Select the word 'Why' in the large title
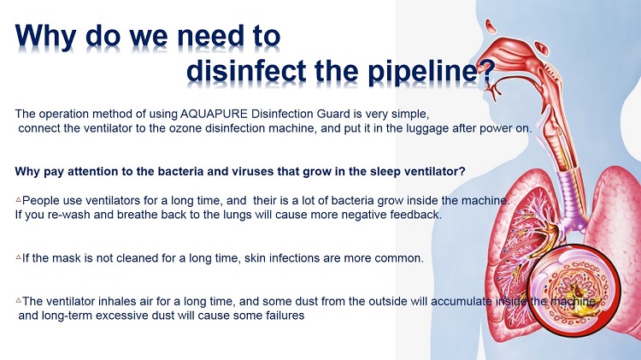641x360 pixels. (45, 38)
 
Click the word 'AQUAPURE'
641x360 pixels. (214, 114)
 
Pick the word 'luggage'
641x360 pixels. (427, 129)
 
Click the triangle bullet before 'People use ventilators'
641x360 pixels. (19, 199)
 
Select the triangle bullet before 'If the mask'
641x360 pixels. (19, 257)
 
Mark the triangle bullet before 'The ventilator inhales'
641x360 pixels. (19, 300)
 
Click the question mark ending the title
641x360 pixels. (486, 72)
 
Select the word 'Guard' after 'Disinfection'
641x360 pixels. (334, 114)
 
